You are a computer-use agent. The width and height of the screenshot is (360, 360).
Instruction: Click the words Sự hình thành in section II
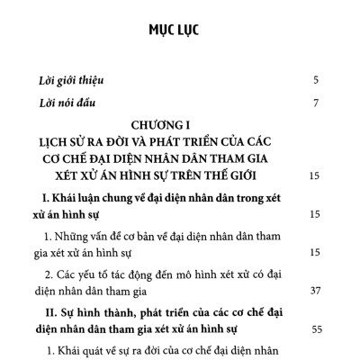97,310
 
